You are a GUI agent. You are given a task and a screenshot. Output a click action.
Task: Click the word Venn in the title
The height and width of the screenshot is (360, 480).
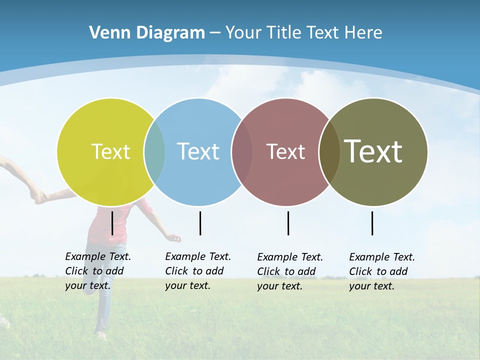(106, 32)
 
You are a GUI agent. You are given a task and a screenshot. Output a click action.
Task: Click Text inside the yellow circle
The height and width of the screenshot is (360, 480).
(110, 151)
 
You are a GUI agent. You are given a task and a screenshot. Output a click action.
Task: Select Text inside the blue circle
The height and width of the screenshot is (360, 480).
(198, 151)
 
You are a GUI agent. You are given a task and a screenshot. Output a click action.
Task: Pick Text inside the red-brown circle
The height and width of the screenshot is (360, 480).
(285, 151)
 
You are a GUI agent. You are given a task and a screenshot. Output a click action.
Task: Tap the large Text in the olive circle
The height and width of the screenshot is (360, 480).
(373, 151)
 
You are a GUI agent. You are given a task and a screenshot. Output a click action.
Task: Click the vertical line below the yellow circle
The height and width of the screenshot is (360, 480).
(112, 223)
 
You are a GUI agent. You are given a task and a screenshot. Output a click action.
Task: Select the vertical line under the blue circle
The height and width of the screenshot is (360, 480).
(200, 223)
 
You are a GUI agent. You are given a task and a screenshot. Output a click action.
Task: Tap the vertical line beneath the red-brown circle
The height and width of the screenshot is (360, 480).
(288, 223)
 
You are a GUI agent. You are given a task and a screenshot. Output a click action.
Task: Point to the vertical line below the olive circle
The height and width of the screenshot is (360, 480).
(372, 223)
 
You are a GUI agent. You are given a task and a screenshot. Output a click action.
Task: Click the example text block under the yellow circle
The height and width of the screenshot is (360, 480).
(97, 271)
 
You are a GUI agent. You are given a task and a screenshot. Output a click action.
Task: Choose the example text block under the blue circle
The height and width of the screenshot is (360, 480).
(197, 271)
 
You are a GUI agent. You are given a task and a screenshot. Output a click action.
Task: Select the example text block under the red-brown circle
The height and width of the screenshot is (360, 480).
(289, 271)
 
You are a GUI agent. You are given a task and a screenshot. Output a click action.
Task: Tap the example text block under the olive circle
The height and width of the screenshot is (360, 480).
(381, 271)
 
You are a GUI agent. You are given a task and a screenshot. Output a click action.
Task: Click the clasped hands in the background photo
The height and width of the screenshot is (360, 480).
(38, 196)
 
